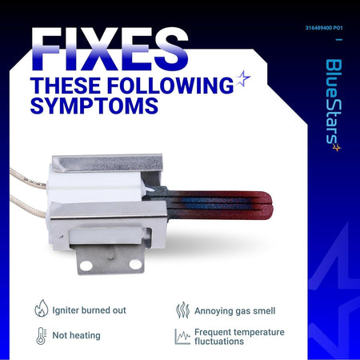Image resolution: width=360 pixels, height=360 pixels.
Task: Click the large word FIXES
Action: (x=110, y=50)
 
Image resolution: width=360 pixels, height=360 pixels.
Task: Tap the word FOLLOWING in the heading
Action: (x=170, y=86)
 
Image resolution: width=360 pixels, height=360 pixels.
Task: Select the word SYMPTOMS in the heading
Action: (x=94, y=106)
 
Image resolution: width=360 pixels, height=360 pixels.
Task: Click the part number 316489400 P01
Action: (x=324, y=28)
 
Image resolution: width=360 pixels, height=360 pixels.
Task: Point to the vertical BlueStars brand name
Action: (x=334, y=102)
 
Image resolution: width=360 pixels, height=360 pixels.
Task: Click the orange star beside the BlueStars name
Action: (x=337, y=147)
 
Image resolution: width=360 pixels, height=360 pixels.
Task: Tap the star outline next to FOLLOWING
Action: (x=243, y=78)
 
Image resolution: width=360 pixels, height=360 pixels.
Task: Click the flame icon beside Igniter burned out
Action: (x=42, y=308)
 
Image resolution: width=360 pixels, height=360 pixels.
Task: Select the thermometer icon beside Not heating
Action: (x=41, y=336)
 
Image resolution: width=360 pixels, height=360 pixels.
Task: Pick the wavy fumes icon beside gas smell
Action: (x=182, y=310)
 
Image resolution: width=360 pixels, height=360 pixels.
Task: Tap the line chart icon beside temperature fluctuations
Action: (x=182, y=336)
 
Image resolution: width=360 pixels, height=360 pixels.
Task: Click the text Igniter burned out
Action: (x=89, y=310)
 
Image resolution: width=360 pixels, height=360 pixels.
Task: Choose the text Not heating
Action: (x=77, y=335)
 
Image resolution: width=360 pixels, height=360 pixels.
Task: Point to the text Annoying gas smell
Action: (x=235, y=311)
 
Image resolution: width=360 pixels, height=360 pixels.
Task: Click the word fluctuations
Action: (x=219, y=341)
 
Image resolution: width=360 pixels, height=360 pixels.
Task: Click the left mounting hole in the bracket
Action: (x=86, y=265)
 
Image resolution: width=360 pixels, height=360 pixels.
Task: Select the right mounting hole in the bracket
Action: (x=135, y=264)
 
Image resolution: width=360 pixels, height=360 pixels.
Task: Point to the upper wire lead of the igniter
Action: (x=28, y=178)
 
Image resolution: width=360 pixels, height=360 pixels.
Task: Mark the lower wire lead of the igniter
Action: (x=28, y=206)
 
